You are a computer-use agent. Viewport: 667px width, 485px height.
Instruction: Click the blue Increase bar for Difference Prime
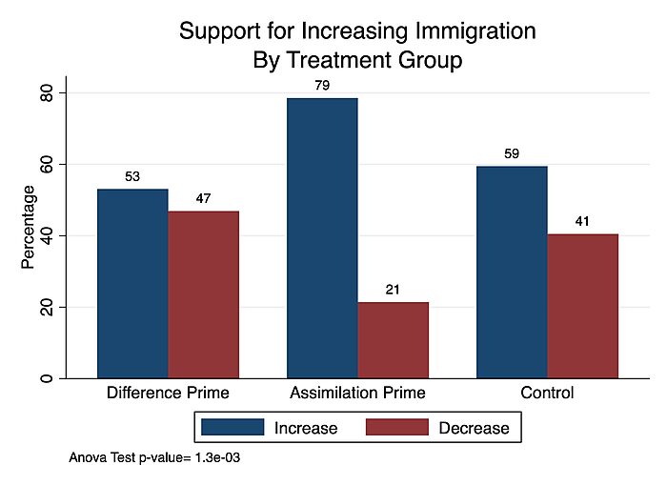pyautogui.click(x=132, y=283)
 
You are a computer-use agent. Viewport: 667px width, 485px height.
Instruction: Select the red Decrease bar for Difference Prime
pyautogui.click(x=203, y=294)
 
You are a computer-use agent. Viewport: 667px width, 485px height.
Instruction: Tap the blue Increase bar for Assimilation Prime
pyautogui.click(x=322, y=238)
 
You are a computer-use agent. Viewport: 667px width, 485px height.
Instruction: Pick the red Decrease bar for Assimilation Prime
pyautogui.click(x=393, y=340)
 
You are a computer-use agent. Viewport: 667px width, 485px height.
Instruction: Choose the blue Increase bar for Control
pyautogui.click(x=512, y=273)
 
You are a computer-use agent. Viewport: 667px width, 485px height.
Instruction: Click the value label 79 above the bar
pyautogui.click(x=322, y=86)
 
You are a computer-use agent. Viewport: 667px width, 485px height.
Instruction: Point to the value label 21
pyautogui.click(x=393, y=290)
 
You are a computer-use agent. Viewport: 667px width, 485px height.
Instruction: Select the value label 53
pyautogui.click(x=132, y=176)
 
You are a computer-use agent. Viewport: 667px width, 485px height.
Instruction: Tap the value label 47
pyautogui.click(x=203, y=198)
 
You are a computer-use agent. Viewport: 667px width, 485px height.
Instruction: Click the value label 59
pyautogui.click(x=512, y=154)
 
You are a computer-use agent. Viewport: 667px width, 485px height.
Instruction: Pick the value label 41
pyautogui.click(x=582, y=221)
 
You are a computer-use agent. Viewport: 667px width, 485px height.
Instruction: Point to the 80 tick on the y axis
pyautogui.click(x=46, y=93)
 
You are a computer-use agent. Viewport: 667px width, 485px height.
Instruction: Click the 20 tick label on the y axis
pyautogui.click(x=46, y=308)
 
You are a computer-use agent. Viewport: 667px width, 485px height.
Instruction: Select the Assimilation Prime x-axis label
pyautogui.click(x=357, y=392)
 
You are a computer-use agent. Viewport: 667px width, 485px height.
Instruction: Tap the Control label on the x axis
pyautogui.click(x=547, y=392)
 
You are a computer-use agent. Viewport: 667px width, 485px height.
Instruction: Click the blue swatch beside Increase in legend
pyautogui.click(x=232, y=428)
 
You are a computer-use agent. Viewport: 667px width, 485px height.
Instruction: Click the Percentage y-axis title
pyautogui.click(x=29, y=227)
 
